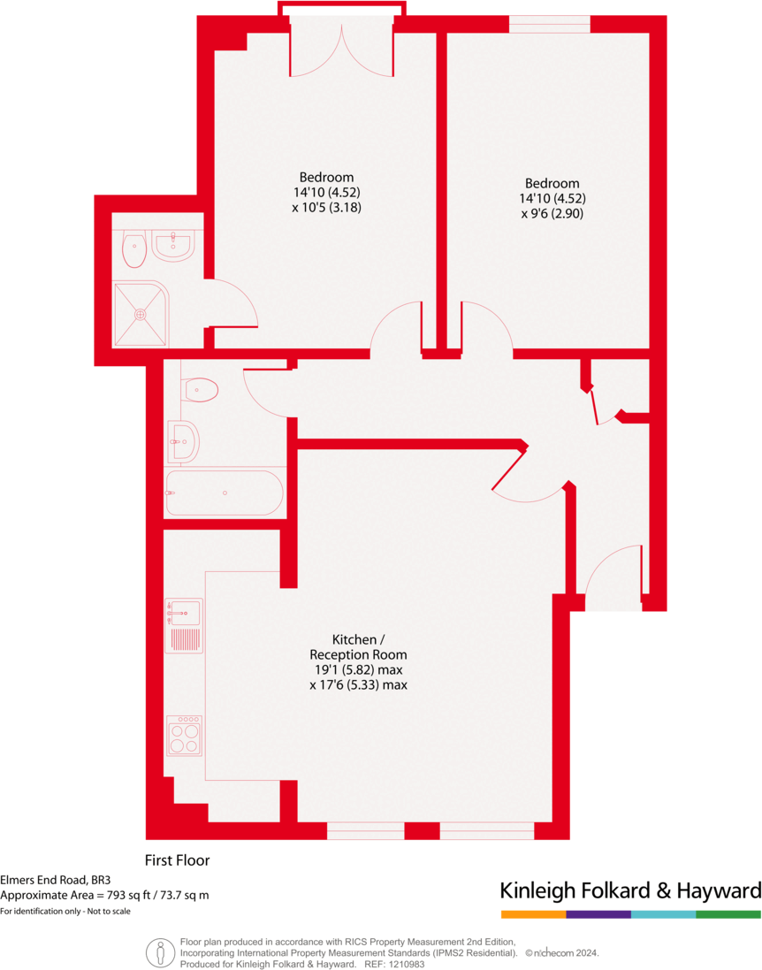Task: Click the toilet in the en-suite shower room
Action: pos(133,249)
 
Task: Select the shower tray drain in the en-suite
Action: pos(140,314)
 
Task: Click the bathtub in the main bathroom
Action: pos(225,493)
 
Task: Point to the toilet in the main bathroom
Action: pos(201,389)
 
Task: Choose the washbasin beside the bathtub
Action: pos(185,440)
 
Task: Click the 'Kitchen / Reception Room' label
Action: pos(358,646)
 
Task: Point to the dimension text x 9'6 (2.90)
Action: pos(552,213)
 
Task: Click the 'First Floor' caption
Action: pos(177,859)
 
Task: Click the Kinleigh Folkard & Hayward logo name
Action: pos(630,890)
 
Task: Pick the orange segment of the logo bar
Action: pos(533,913)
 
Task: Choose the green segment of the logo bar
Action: pos(728,913)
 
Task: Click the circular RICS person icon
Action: pos(159,952)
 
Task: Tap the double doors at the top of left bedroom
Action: pos(340,53)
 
